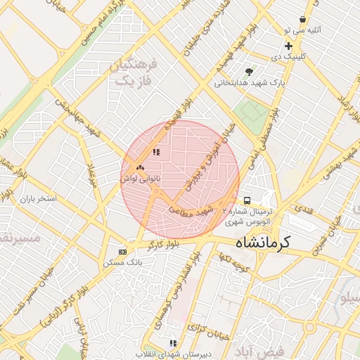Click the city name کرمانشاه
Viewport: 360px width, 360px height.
[261, 244]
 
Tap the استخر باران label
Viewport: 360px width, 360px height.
[37, 199]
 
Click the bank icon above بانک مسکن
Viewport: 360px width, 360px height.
[123, 252]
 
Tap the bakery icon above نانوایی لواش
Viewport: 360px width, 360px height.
[139, 168]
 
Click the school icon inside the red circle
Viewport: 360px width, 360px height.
[155, 152]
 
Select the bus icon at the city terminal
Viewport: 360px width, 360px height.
[246, 200]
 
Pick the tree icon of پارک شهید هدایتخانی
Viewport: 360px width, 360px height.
[249, 72]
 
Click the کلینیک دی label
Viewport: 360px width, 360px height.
[287, 55]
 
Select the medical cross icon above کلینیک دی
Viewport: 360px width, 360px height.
[288, 46]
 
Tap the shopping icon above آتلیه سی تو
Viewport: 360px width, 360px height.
[302, 20]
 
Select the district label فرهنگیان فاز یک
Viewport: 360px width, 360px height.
[133, 73]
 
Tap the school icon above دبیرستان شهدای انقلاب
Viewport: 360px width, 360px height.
[173, 343]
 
